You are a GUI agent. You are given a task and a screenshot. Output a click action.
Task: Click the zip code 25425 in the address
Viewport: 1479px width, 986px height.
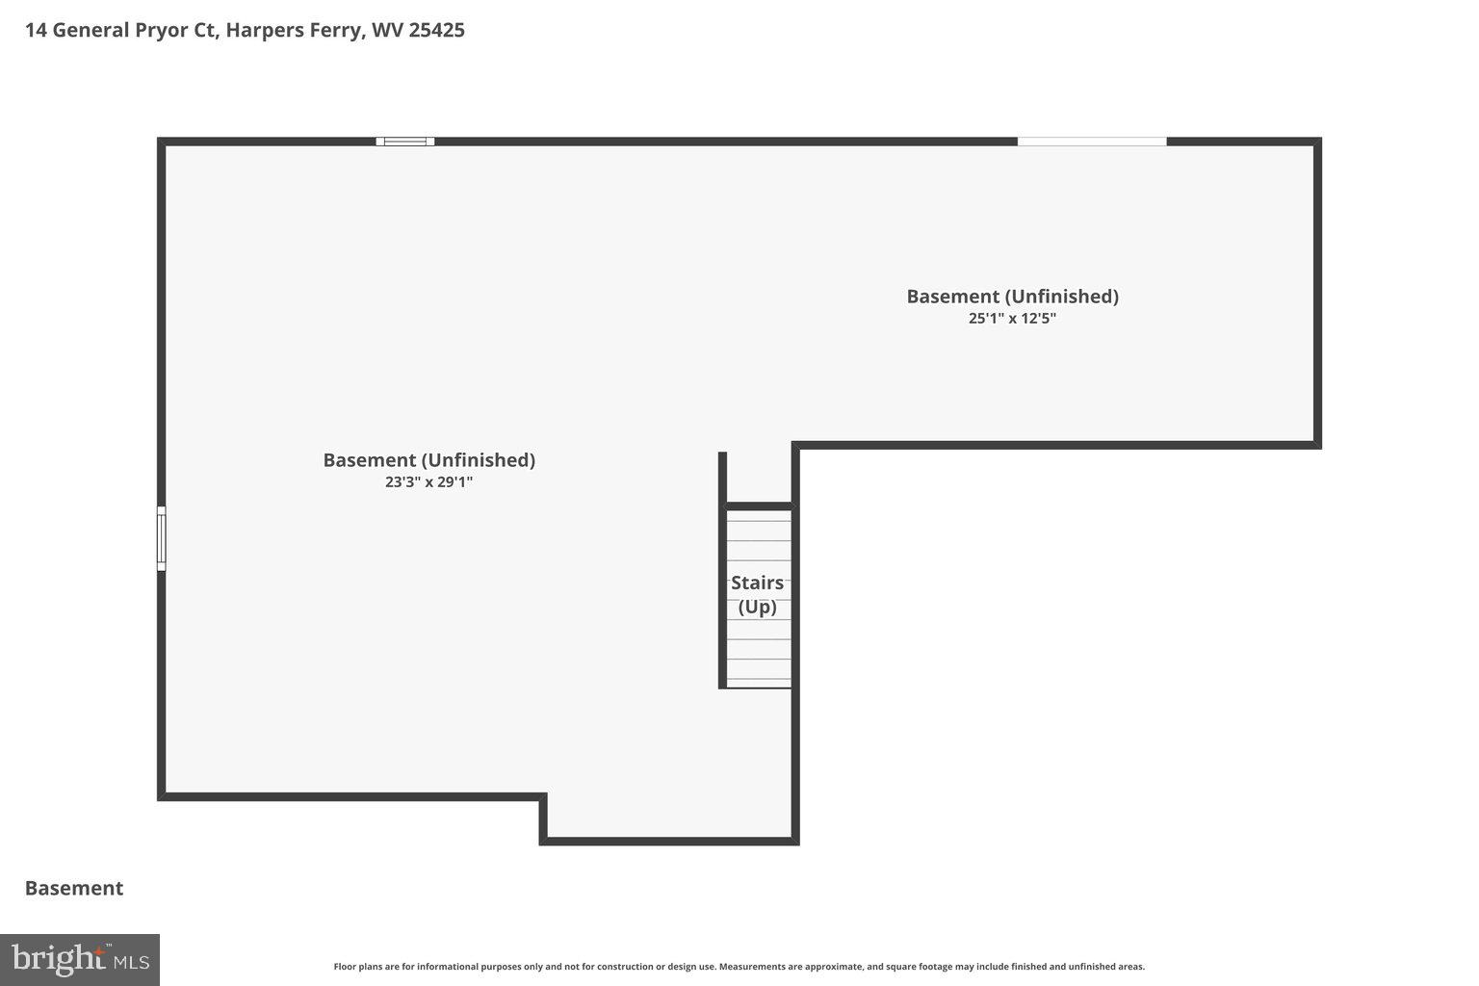436,30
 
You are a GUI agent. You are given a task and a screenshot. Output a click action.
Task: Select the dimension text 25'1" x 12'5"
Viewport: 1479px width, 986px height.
1012,319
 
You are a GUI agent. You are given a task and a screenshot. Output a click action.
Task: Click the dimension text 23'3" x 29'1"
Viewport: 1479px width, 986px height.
428,482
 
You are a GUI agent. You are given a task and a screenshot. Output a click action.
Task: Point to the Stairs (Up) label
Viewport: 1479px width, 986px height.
757,594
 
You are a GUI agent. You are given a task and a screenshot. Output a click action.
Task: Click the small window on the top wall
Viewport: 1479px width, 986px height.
404,142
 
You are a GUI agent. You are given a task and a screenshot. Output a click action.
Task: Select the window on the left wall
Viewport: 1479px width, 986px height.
162,538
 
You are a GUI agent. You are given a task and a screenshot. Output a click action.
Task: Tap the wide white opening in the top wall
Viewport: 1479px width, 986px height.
1092,142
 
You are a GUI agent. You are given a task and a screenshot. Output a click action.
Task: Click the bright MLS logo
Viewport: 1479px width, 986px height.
80,960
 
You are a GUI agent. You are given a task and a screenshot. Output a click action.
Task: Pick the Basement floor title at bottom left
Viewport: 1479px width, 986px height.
74,888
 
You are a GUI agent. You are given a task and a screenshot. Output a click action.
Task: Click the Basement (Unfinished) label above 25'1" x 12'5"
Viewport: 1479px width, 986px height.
1012,297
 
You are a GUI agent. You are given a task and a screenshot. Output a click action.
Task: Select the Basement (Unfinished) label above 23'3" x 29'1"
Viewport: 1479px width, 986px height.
428,460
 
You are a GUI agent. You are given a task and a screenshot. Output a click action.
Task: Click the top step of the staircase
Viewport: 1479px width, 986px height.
758,515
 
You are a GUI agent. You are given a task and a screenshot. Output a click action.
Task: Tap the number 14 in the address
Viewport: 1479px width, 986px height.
36,30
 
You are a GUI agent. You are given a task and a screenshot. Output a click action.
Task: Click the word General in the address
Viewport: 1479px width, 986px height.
91,30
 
